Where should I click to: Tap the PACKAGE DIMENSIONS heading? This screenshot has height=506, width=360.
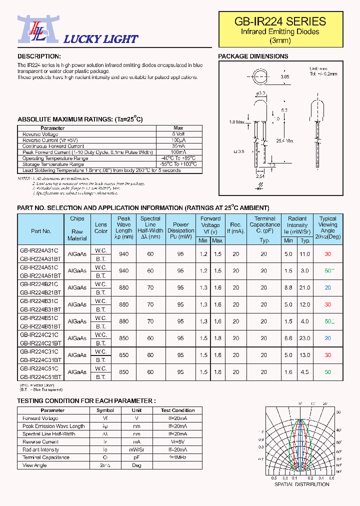(x=253, y=56)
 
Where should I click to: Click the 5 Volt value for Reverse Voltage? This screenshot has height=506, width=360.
(x=178, y=134)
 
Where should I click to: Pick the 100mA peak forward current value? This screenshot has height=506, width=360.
(x=178, y=152)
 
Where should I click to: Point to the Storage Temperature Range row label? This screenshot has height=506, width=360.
(x=53, y=164)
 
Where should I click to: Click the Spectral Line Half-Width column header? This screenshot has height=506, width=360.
(x=150, y=228)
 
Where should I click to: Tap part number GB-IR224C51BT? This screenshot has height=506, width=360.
(x=41, y=376)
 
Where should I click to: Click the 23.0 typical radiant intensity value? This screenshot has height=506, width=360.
(x=305, y=338)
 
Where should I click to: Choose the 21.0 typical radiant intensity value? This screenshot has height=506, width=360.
(x=305, y=287)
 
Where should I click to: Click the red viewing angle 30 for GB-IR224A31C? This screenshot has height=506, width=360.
(x=328, y=254)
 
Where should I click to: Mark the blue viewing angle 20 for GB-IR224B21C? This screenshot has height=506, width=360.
(x=328, y=287)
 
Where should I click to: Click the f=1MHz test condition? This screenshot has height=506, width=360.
(x=178, y=457)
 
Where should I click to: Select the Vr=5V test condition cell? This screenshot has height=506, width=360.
(x=178, y=442)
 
